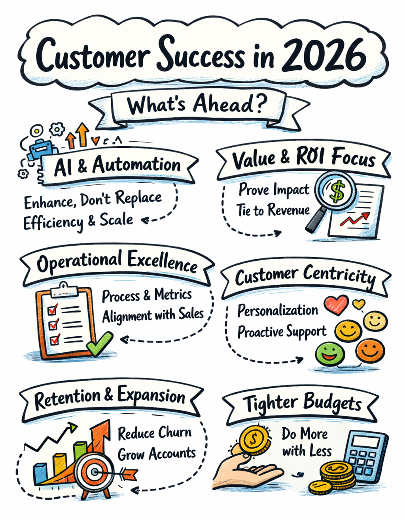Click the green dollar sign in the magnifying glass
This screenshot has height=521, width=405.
click(337, 192)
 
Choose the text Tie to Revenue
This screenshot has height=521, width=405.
click(273, 210)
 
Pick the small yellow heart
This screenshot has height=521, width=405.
click(358, 304)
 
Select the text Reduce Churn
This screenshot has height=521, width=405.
click(154, 433)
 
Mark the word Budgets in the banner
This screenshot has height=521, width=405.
click(332, 403)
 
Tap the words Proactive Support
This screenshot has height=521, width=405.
click(282, 332)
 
